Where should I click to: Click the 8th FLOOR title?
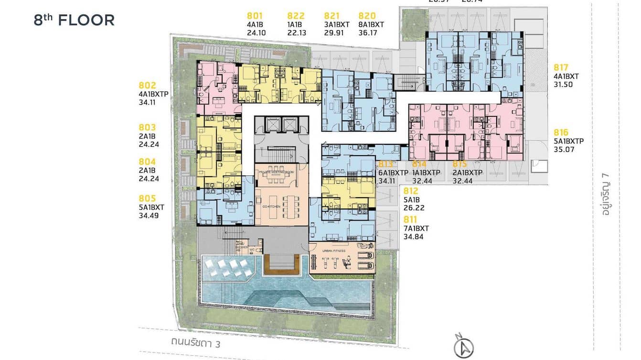click(74, 20)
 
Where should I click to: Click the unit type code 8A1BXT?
click(371, 25)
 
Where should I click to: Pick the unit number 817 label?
click(562, 67)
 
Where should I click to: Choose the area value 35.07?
click(564, 149)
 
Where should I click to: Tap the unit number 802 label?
click(148, 85)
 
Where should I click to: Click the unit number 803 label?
click(148, 127)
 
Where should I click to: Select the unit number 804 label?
click(148, 162)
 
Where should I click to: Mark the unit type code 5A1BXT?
click(151, 207)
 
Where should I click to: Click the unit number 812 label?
click(411, 191)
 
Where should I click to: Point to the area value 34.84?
click(413, 236)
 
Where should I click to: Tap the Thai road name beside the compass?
click(196, 343)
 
